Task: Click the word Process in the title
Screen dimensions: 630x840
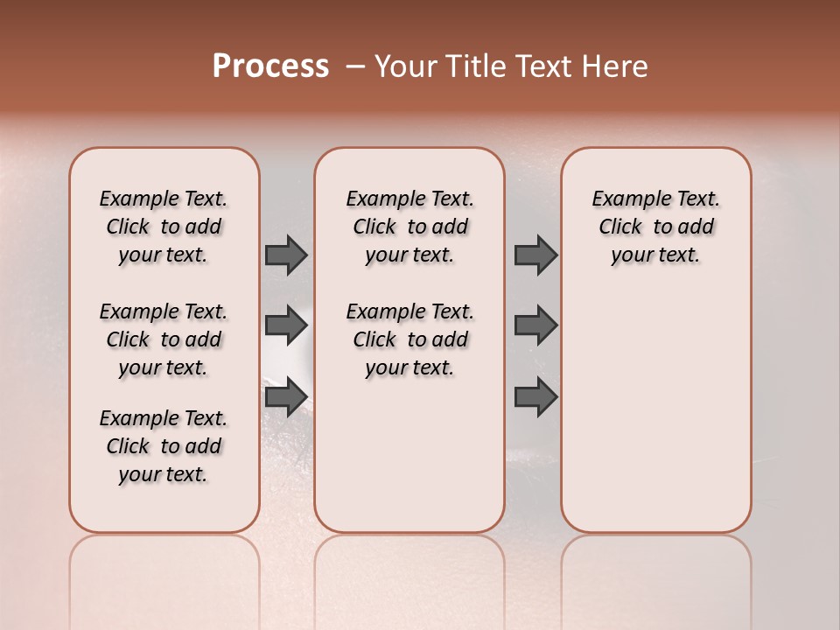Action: (x=270, y=66)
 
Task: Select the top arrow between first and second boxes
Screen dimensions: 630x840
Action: (x=286, y=255)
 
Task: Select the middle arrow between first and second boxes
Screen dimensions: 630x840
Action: (x=286, y=325)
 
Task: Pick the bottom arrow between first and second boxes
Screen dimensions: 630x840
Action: (x=286, y=397)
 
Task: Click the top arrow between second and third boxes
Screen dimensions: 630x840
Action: (x=535, y=255)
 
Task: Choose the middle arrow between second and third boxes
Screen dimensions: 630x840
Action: (x=535, y=325)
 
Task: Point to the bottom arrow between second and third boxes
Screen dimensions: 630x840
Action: (x=535, y=397)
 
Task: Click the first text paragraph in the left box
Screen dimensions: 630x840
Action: (x=164, y=227)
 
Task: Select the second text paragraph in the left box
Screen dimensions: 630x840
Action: (x=164, y=339)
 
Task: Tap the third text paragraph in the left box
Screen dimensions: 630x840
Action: (x=164, y=446)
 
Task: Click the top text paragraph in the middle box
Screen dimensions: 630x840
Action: (x=409, y=227)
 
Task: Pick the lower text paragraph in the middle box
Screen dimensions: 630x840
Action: (x=409, y=339)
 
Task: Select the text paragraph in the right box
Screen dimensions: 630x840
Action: (x=655, y=227)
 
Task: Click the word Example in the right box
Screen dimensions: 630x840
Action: (x=624, y=199)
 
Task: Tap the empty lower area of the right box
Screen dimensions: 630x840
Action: (x=655, y=411)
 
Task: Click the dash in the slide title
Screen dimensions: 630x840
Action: (x=355, y=66)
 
